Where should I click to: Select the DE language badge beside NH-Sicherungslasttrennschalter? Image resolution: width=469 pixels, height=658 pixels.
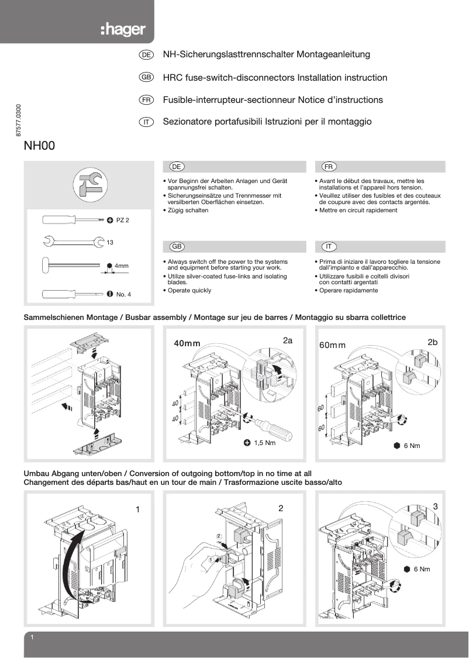146,55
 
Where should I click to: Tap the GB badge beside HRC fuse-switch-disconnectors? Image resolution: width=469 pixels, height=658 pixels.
146,78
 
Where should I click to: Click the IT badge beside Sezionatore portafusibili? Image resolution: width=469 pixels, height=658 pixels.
146,122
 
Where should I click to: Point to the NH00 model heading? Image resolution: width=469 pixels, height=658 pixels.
39,146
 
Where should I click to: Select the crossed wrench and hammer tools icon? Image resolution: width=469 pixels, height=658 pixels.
89,184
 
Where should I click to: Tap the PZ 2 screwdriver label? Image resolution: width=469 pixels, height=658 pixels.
122,221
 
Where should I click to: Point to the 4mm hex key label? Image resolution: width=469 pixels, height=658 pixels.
121,266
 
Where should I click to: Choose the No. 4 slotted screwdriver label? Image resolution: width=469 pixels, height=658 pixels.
123,294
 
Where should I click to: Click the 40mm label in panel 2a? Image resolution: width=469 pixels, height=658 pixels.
187,343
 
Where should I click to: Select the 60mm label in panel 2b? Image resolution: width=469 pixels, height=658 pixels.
332,345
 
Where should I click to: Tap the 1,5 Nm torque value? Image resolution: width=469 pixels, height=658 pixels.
264,443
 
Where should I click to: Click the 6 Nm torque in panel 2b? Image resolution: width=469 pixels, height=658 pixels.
412,446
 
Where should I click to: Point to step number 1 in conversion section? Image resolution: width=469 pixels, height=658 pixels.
137,509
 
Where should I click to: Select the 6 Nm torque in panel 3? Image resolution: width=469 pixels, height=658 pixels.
422,569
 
